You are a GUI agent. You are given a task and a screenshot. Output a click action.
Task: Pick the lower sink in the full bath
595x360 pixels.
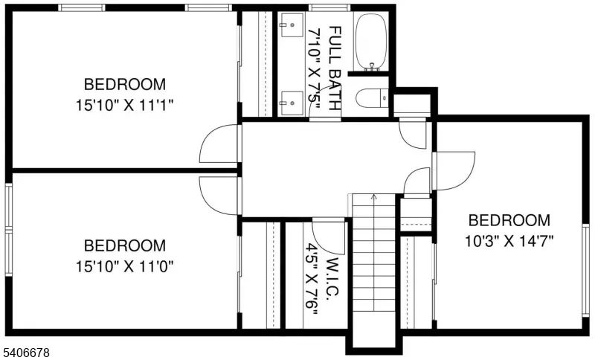click(x=292, y=98)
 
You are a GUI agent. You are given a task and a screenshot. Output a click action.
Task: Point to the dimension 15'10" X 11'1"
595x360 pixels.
click(x=124, y=104)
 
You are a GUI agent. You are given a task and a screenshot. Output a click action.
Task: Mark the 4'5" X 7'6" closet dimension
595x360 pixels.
click(x=312, y=280)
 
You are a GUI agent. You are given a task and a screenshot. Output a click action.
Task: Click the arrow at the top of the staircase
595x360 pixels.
click(x=373, y=197)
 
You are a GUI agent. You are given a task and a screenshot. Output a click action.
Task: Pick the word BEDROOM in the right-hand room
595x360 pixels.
click(x=509, y=220)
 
